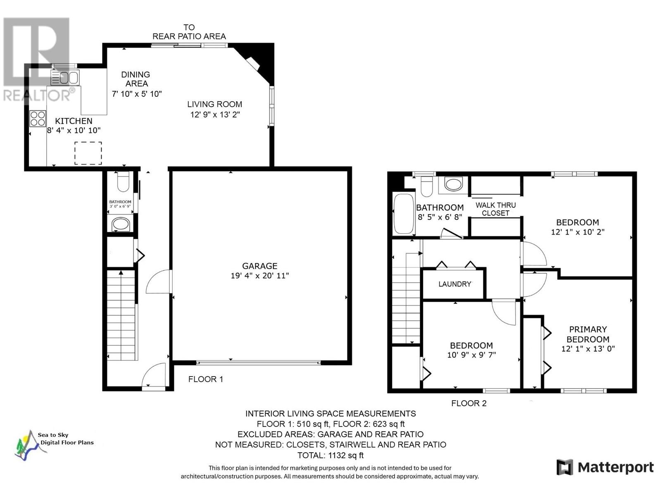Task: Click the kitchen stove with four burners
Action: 38,118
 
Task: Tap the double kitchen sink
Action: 65,78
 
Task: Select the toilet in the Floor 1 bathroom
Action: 123,181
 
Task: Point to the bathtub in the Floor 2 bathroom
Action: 404,214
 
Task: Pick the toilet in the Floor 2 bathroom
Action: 427,186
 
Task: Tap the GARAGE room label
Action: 259,266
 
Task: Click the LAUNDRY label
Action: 455,284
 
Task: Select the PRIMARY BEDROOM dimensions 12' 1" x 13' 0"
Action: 588,349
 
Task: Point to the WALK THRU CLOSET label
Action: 496,209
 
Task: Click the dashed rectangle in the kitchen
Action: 88,153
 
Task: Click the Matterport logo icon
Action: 565,467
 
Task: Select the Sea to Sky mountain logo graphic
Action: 30,446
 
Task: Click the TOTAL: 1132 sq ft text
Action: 330,455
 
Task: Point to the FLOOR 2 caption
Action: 469,403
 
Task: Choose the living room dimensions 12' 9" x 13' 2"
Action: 215,114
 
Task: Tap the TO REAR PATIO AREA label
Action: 189,32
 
